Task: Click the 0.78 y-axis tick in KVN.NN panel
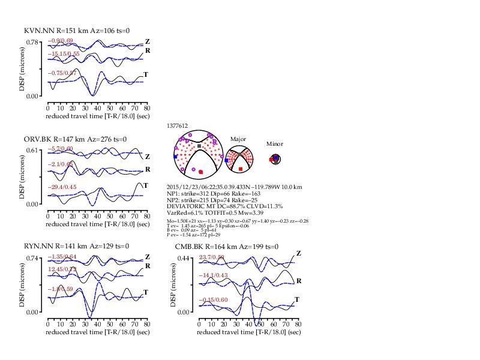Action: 33,41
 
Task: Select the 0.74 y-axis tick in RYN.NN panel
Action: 33,257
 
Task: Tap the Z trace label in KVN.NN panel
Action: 147,41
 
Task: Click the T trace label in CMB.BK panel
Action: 297,299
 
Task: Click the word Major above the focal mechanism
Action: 239,139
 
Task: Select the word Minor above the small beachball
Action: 275,144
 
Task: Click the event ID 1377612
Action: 178,126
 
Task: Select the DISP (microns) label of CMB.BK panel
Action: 173,284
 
